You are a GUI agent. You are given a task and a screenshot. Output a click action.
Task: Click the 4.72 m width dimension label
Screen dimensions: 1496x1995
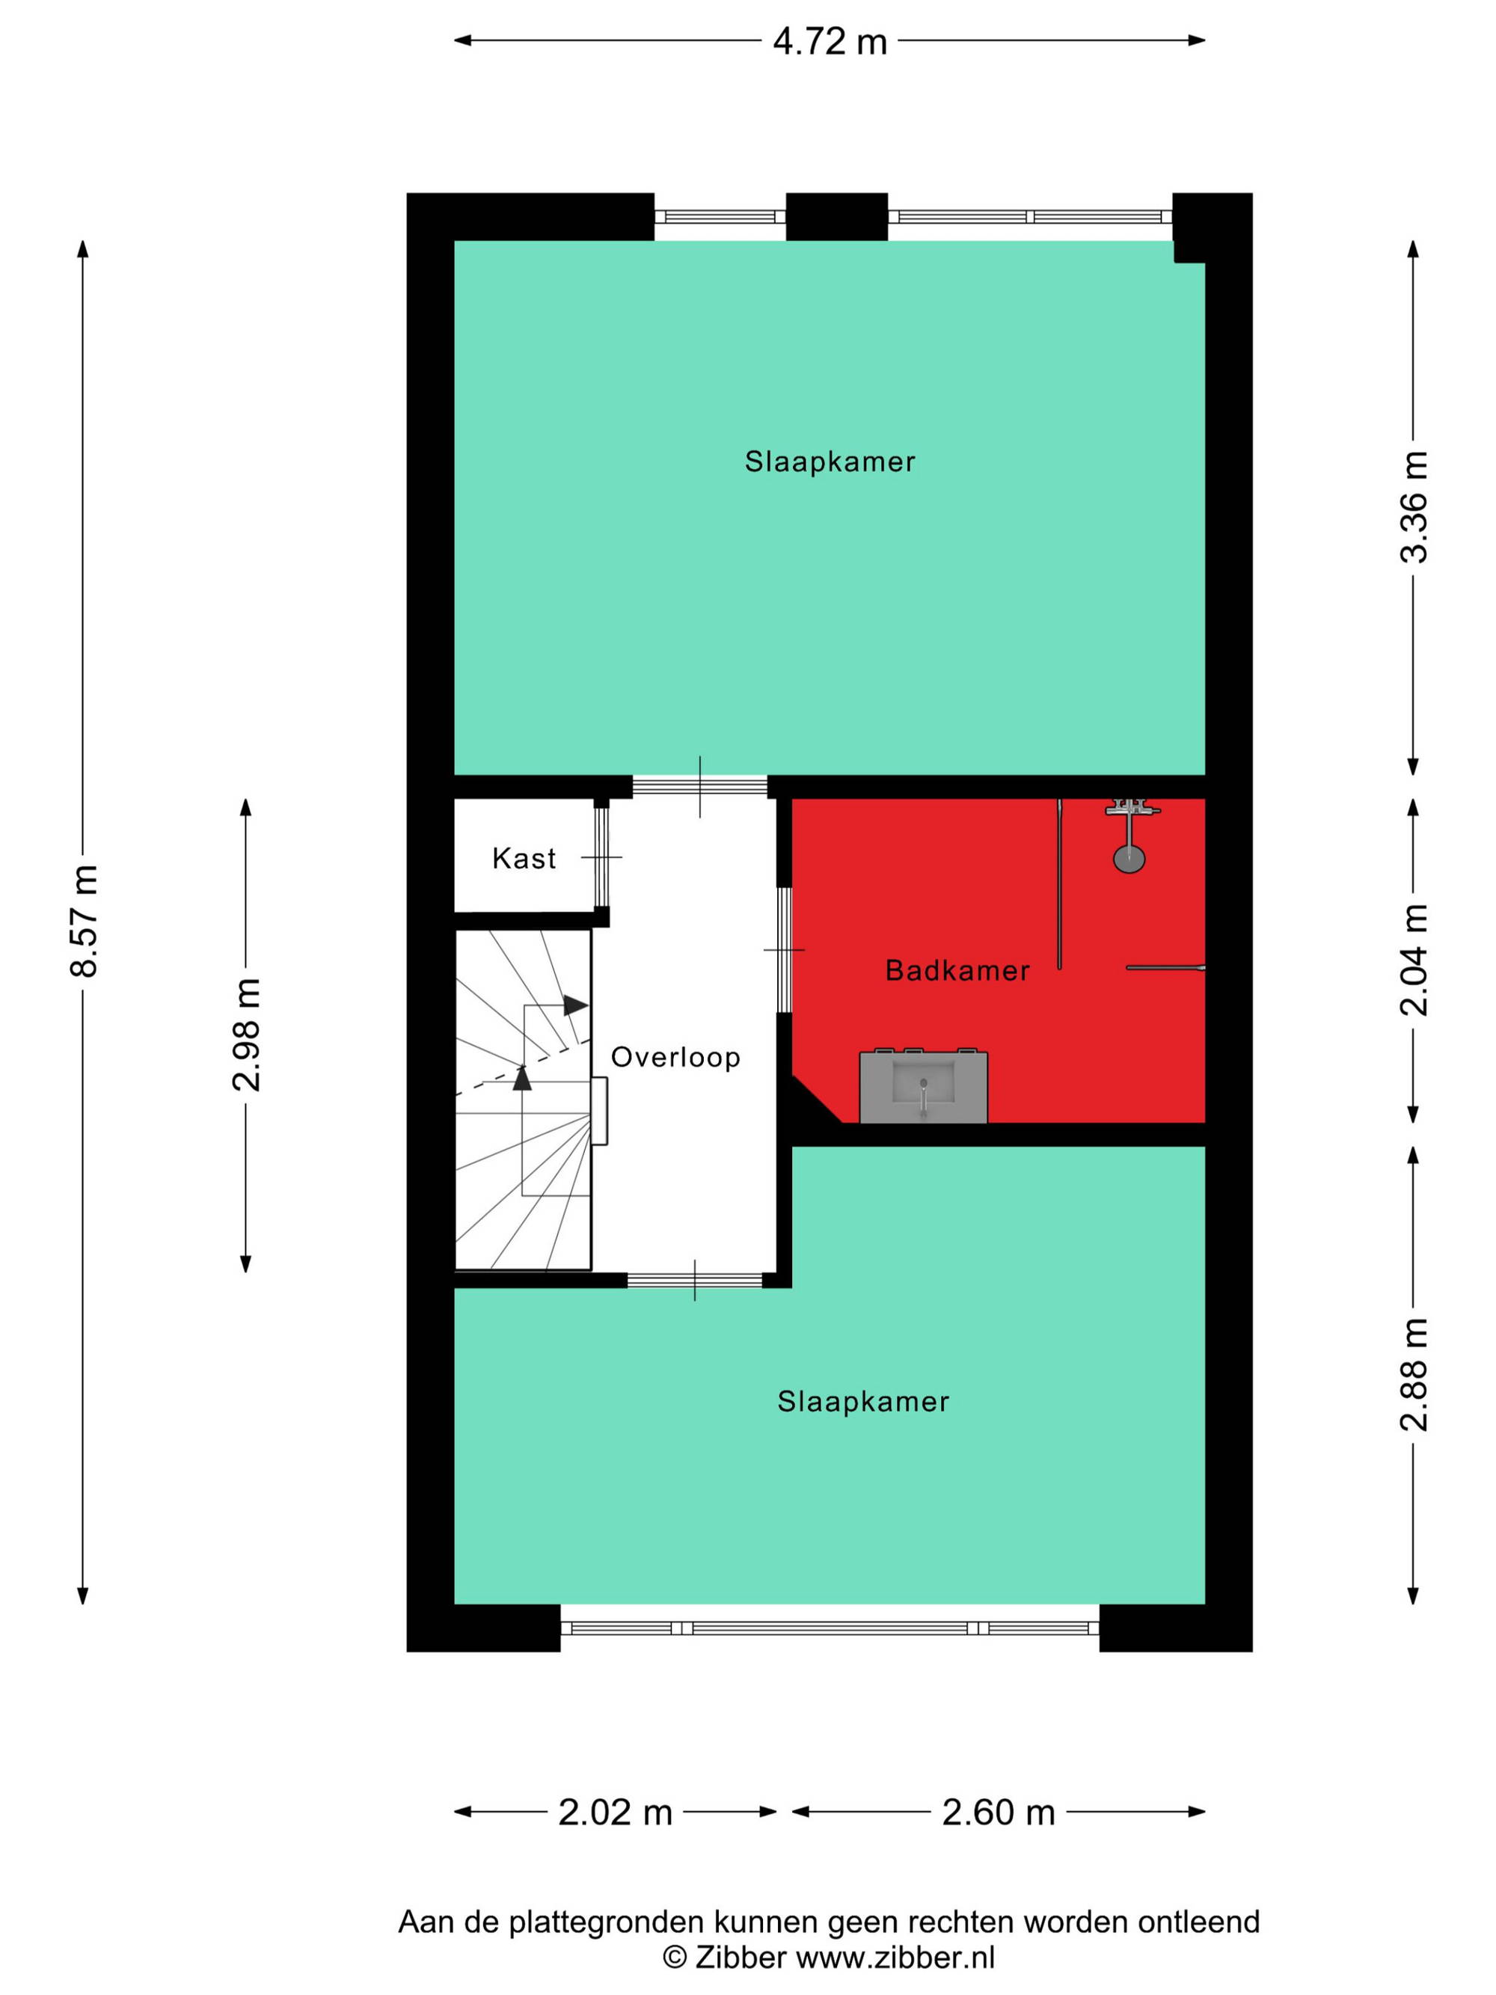point(829,41)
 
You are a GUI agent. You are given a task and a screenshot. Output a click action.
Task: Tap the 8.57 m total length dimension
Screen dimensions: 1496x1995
point(84,920)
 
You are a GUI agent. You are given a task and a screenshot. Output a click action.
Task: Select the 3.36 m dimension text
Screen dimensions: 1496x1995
point(1413,507)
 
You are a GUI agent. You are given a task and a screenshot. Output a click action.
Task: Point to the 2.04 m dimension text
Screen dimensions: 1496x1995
point(1413,960)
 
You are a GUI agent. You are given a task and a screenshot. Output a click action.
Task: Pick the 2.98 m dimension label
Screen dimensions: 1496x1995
point(245,1035)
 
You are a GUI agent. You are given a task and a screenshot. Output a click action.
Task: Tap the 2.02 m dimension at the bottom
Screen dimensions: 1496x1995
point(615,1812)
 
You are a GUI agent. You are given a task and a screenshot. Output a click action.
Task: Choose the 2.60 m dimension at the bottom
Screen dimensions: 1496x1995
point(999,1812)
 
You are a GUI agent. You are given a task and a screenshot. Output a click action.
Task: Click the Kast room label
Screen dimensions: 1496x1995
point(524,858)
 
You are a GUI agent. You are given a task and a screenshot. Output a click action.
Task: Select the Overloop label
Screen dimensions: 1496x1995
point(675,1057)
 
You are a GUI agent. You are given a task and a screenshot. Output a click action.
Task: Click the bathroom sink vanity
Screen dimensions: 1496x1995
point(923,1086)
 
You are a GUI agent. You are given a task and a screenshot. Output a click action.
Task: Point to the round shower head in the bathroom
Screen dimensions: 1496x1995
point(1129,858)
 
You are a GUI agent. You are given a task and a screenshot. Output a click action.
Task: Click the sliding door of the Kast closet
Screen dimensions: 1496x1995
point(601,856)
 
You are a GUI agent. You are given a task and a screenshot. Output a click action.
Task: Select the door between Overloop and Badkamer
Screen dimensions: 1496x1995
point(785,950)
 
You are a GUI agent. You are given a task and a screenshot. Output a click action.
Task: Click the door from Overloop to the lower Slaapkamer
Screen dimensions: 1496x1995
point(694,1280)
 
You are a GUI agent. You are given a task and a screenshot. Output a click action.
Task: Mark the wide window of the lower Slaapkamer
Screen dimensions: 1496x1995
point(830,1628)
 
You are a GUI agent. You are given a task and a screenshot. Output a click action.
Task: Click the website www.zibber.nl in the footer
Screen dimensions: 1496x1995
point(895,1956)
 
